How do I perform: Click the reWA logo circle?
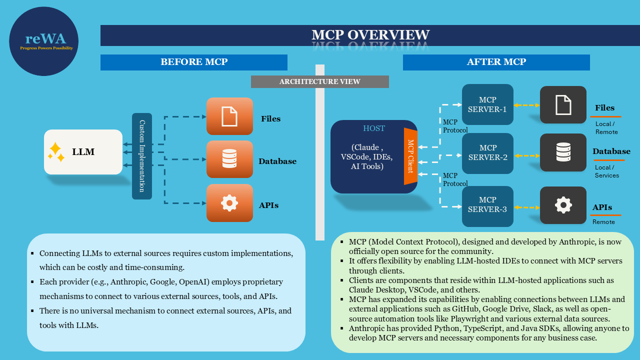[x=43, y=41]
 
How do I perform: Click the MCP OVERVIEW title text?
[x=370, y=35]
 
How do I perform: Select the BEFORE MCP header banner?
[x=194, y=62]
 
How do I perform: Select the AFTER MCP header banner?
[x=496, y=62]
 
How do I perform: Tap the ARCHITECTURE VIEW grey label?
[x=319, y=81]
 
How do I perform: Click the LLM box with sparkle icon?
[x=83, y=152]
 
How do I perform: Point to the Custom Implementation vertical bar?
[x=141, y=156]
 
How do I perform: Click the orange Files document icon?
[x=229, y=116]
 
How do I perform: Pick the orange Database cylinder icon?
[x=229, y=159]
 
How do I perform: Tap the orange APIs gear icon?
[x=229, y=202]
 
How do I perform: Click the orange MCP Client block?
[x=410, y=156]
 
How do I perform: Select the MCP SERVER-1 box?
[x=487, y=104]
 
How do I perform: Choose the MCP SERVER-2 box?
[x=487, y=153]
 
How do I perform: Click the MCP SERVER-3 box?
[x=487, y=205]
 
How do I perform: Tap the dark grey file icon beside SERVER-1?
[x=563, y=104]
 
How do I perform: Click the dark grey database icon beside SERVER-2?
[x=563, y=152]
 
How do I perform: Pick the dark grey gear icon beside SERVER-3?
[x=563, y=205]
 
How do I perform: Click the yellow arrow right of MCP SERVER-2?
[x=526, y=156]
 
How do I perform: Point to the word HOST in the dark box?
[x=374, y=128]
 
